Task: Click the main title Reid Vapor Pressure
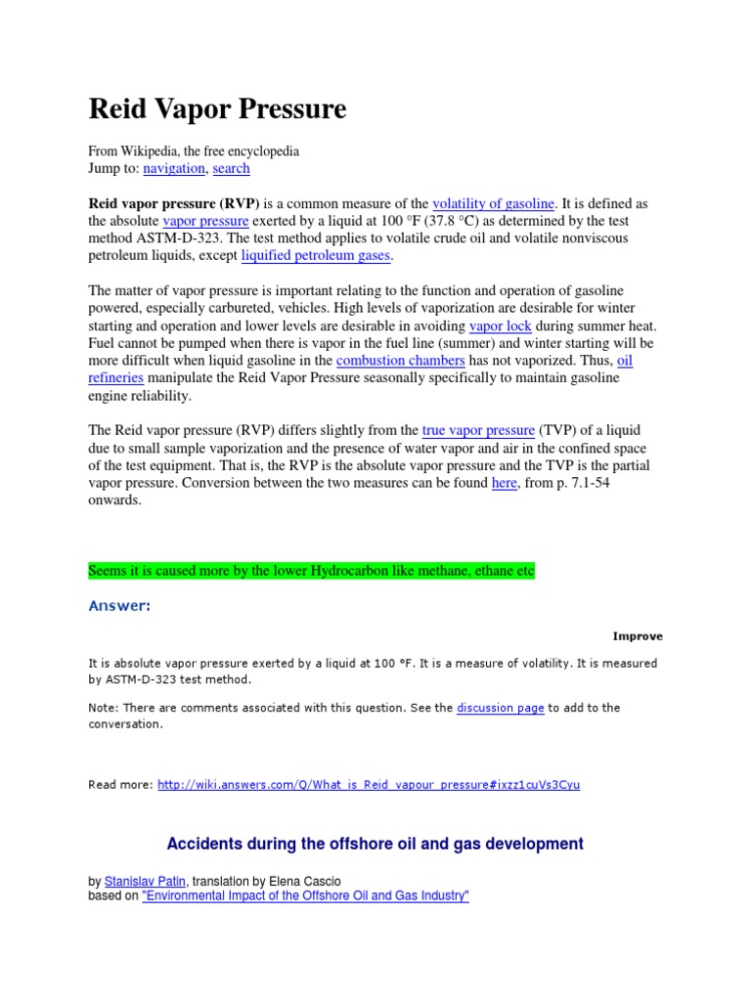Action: (217, 109)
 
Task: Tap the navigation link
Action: (174, 168)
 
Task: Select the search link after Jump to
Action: (231, 168)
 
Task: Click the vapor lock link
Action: (500, 326)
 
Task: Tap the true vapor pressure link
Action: (478, 430)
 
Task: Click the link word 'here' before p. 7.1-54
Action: (504, 483)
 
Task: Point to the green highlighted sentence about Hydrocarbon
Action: (312, 570)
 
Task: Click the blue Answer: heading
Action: (119, 606)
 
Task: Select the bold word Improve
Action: (638, 636)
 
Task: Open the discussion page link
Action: (500, 708)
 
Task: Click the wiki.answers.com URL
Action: (368, 784)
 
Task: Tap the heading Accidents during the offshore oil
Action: (375, 844)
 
